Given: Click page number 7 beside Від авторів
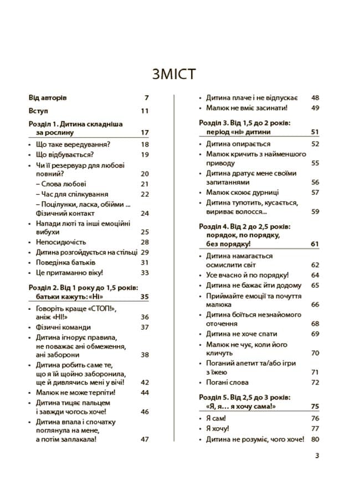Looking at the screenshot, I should click(x=147, y=97).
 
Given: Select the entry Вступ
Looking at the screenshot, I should click(x=38, y=111).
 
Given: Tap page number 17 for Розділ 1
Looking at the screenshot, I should click(x=145, y=133).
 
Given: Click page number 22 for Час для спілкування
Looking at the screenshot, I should click(x=145, y=194).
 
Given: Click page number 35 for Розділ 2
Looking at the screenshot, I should click(x=145, y=297).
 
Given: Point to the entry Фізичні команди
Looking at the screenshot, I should click(x=63, y=327).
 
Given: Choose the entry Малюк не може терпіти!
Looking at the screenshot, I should click(x=76, y=392).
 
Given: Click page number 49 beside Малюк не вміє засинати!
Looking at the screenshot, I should click(x=315, y=108).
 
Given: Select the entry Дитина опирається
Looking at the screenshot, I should click(x=239, y=144).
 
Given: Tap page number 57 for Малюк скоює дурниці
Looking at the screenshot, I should click(x=315, y=193).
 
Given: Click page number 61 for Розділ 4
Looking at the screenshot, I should click(x=315, y=243).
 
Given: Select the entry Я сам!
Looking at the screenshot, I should click(x=217, y=418).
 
